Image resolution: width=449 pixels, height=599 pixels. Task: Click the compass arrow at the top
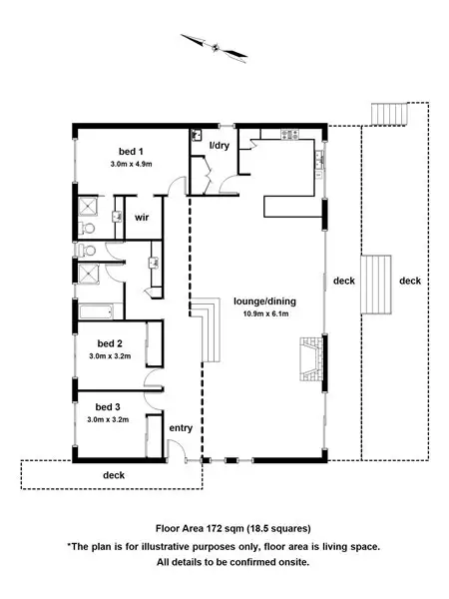213,45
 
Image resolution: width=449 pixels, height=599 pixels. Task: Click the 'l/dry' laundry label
219,147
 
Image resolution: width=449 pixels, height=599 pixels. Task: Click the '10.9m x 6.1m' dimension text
261,314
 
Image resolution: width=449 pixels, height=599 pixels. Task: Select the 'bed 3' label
107,407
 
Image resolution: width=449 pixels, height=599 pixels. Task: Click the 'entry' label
180,428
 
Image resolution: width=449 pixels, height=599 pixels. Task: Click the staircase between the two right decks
376,282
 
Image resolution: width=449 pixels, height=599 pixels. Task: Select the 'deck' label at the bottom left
115,475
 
